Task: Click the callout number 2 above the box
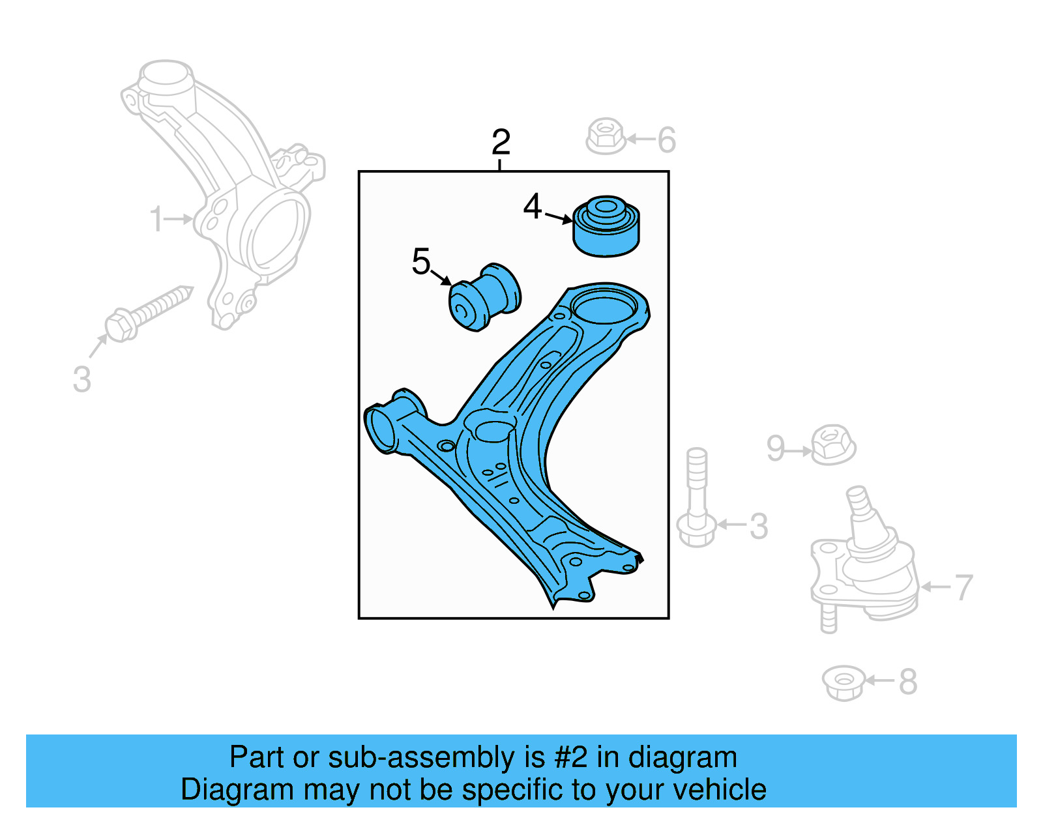coord(501,142)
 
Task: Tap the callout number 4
coord(533,207)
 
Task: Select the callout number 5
coord(421,261)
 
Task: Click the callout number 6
coord(666,140)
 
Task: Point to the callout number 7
coord(963,587)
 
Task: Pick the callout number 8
coord(908,682)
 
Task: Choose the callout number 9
coord(775,448)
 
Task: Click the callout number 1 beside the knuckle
coord(156,219)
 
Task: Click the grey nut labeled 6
coord(606,136)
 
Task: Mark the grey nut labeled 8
coord(844,682)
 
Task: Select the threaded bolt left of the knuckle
coord(147,314)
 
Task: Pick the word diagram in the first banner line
coord(683,758)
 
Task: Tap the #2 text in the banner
coord(570,758)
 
